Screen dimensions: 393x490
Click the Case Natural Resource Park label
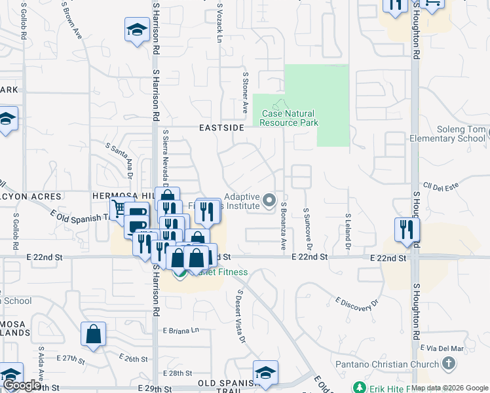[x=290, y=118]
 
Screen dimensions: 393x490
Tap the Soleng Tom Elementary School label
[x=447, y=134]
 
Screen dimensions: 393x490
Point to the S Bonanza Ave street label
[x=284, y=227]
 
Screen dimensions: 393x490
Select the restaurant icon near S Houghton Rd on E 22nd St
[x=407, y=229]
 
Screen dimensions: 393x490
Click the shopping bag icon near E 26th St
[x=94, y=334]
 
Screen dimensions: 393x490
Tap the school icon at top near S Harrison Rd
[x=138, y=29]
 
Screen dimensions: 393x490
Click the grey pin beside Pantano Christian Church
[x=449, y=363]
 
